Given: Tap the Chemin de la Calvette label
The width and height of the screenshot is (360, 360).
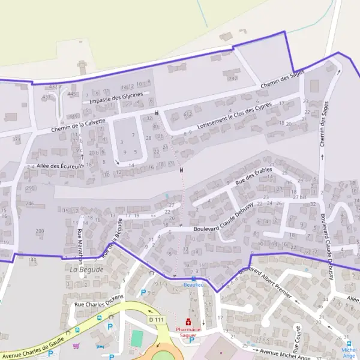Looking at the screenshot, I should pos(79,124).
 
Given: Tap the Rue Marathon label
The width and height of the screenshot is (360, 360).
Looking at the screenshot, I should pos(79,245).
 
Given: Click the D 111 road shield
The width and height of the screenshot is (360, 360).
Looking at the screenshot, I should pos(156,319).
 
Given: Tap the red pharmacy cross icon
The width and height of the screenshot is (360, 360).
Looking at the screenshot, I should pos(188,322).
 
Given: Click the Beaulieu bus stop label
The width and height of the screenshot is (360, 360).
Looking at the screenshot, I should pos(194,284).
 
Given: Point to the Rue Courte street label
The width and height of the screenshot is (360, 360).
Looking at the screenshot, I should pos(296,339).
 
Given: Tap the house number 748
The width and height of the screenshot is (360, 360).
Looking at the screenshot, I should pos(233,79).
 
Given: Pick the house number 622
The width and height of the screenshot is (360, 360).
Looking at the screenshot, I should pos(188,113).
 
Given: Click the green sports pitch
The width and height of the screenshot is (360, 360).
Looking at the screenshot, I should pos(137,338).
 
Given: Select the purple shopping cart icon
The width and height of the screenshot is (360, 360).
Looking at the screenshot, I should pos(76,346).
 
